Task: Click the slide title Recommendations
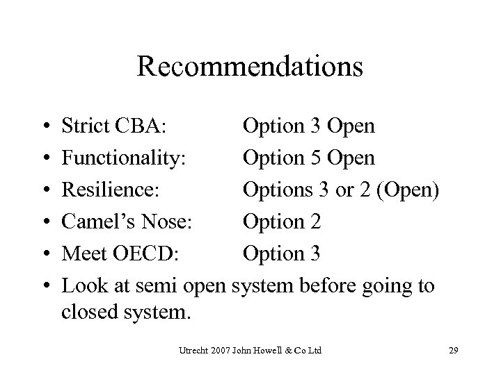[x=250, y=67]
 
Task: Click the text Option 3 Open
[x=309, y=126]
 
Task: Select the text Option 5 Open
[x=309, y=158]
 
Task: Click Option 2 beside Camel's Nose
[x=281, y=222]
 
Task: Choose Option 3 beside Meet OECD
[x=281, y=253]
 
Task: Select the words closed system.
[x=125, y=312]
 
